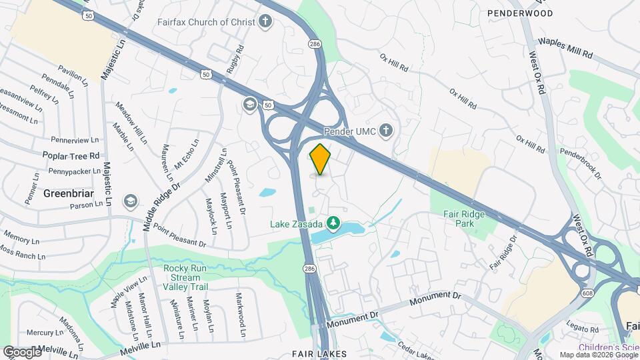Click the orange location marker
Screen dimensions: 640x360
[321, 159]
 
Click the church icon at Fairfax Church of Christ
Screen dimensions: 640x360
[266, 22]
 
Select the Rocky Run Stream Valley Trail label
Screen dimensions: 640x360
[186, 277]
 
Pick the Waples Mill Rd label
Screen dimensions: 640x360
[565, 48]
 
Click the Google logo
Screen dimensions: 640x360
[22, 351]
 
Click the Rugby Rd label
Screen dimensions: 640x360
[235, 61]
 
